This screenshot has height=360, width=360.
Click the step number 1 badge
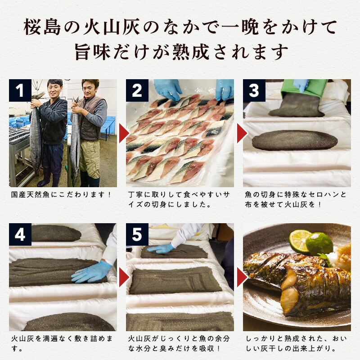click(20, 90)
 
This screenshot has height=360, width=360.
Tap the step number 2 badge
click(137, 90)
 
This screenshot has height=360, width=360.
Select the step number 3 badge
click(254, 90)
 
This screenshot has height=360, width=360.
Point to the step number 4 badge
click(20, 234)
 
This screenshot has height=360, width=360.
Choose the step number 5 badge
click(137, 234)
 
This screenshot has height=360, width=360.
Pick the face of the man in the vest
click(90, 89)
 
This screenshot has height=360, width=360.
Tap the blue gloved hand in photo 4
click(91, 272)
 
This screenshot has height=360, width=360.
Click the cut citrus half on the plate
click(300, 241)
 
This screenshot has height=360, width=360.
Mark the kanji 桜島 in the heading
click(42, 27)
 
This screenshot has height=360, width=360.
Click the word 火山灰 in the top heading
click(112, 27)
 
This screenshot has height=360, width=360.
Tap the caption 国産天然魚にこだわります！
click(61, 195)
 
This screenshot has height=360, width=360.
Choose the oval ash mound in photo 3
click(295, 140)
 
